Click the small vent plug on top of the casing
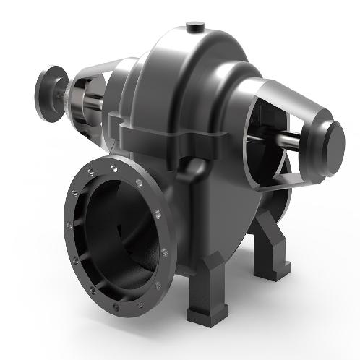(x=194, y=27)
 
